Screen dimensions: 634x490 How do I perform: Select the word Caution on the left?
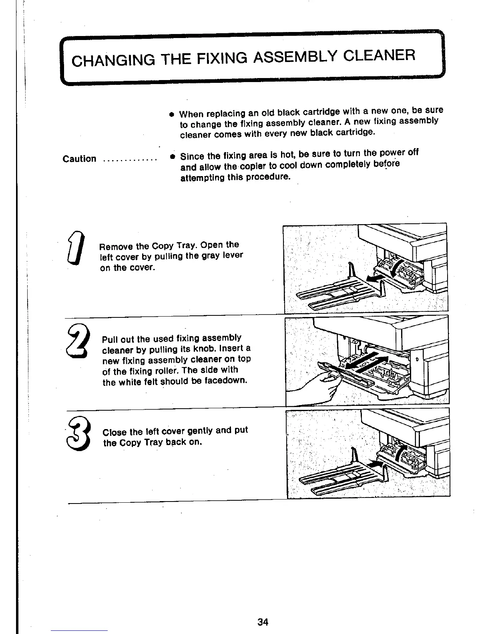(x=80, y=158)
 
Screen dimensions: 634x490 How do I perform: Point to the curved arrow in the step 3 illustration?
(x=401, y=453)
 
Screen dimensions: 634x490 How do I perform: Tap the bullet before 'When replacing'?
(x=171, y=114)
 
